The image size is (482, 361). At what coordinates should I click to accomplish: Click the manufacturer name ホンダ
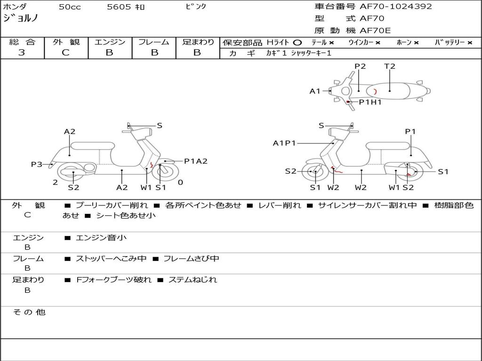tap(15, 7)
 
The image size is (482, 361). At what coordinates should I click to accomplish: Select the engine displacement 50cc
tap(69, 7)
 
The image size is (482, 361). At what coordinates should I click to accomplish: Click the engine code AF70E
tap(375, 31)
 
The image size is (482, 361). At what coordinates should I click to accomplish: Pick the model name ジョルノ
tap(21, 18)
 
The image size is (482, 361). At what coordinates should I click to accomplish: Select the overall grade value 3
tap(22, 52)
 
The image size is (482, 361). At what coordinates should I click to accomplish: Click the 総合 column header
tap(22, 42)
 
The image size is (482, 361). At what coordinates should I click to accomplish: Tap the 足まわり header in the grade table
tap(198, 42)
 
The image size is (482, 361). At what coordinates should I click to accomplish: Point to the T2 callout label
tap(390, 66)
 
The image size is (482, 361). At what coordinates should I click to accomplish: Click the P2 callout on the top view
tap(360, 66)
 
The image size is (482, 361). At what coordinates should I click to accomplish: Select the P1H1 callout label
tap(370, 102)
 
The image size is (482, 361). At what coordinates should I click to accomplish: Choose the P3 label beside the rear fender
tap(37, 164)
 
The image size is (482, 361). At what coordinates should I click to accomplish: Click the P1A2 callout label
tap(195, 161)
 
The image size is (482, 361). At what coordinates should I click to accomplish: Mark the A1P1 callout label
tap(284, 143)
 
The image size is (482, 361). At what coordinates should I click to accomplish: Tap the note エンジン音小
tap(101, 238)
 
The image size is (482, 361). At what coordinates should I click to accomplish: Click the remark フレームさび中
tap(191, 259)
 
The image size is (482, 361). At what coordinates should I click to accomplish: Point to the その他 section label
tap(29, 312)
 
